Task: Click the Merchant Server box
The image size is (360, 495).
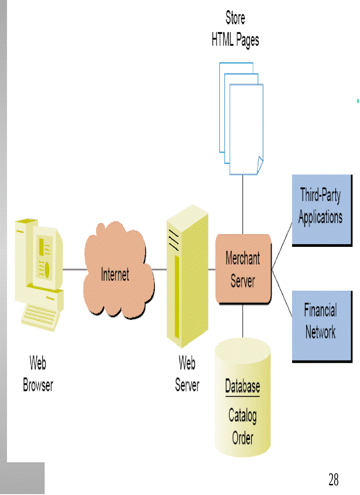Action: click(x=243, y=269)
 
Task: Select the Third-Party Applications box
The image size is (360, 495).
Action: click(x=321, y=210)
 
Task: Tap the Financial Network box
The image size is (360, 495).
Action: click(x=321, y=326)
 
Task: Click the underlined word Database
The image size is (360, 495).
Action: click(x=242, y=387)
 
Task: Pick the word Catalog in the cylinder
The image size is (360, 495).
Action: click(x=242, y=415)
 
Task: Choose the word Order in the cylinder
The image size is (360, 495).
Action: click(x=242, y=438)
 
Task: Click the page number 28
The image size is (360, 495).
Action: click(x=334, y=479)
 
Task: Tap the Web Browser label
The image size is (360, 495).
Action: click(x=38, y=374)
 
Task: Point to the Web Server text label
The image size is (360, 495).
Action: click(x=187, y=374)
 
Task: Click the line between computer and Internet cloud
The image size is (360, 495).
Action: click(x=74, y=269)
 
